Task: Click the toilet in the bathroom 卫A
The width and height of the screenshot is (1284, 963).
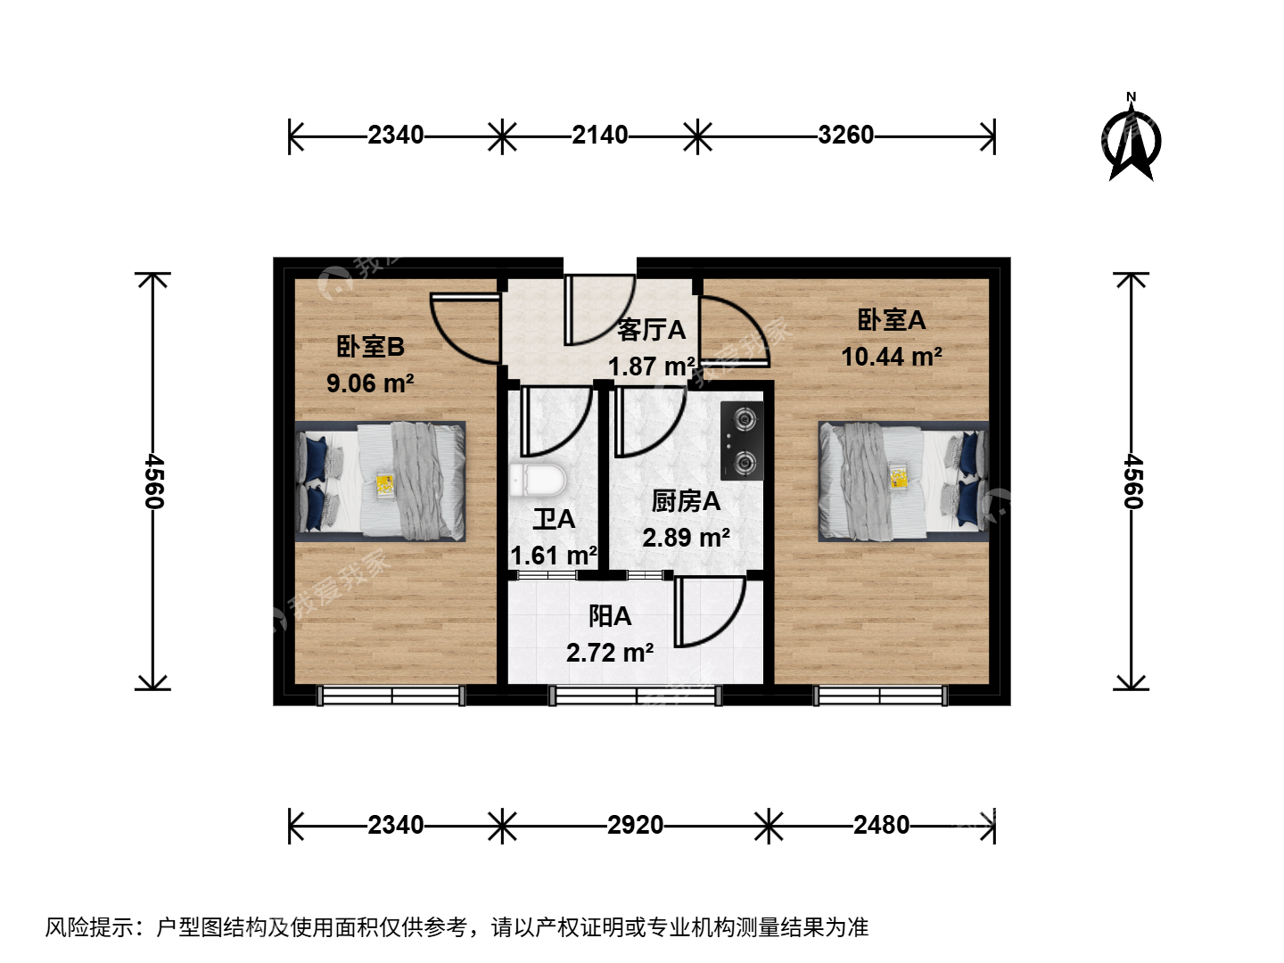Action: point(538,481)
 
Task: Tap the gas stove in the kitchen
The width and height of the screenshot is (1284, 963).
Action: point(742,440)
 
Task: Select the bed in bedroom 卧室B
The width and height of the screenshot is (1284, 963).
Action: point(380,481)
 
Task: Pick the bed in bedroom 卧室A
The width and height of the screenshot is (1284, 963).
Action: point(903,481)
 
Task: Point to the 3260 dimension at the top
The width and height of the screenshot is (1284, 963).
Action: point(845,135)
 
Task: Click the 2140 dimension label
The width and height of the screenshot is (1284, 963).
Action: point(599,135)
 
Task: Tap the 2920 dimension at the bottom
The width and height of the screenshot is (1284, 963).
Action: point(635,825)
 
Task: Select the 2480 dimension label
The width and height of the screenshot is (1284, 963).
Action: point(881,825)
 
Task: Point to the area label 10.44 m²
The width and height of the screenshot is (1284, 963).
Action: point(892,357)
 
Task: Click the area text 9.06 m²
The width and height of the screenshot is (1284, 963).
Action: point(370,383)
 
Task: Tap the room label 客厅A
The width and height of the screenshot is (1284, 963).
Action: point(651,330)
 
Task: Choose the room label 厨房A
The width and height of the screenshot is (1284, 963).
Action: point(686,502)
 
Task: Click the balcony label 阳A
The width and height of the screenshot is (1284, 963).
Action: point(610,616)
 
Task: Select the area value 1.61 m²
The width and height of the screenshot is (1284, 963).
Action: point(554,556)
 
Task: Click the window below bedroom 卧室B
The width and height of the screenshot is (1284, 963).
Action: point(391,695)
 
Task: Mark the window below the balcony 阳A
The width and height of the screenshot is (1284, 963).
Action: point(635,695)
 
